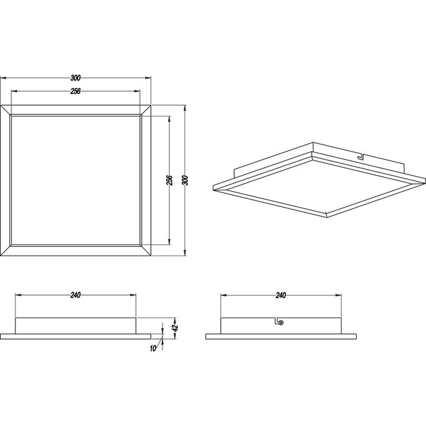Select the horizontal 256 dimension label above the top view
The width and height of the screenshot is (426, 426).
[x=76, y=92]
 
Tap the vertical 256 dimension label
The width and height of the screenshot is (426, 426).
[x=170, y=180]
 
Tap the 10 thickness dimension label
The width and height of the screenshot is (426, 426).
[x=154, y=348]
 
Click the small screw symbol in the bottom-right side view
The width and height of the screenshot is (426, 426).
[x=280, y=322]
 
